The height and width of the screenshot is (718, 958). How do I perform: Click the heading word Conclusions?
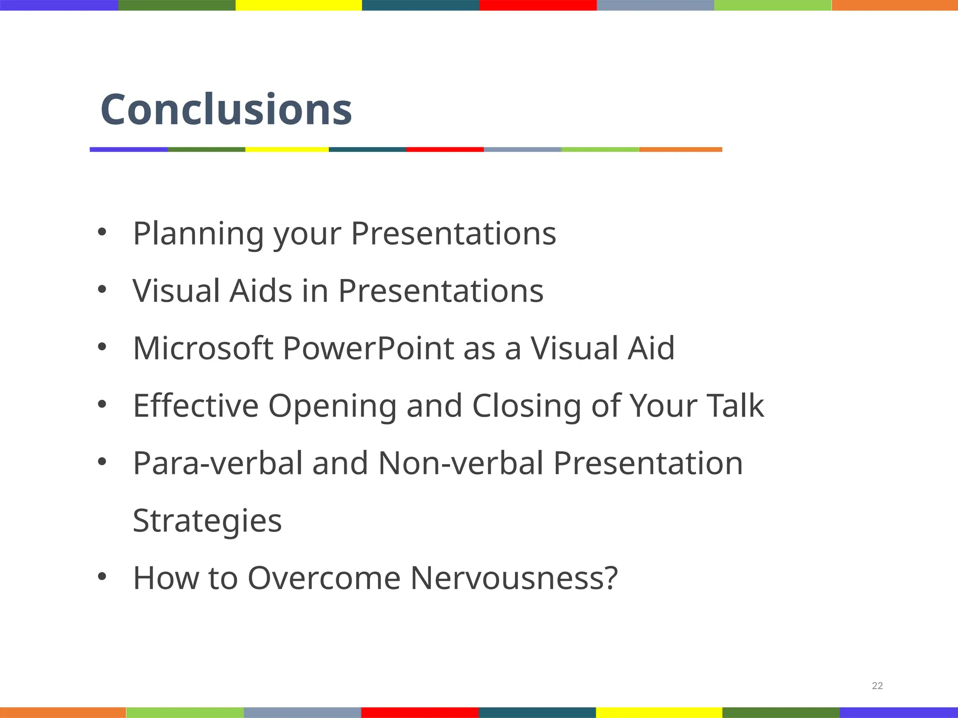click(x=226, y=109)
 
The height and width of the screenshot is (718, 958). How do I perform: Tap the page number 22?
click(x=877, y=686)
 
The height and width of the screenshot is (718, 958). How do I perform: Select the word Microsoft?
click(x=203, y=348)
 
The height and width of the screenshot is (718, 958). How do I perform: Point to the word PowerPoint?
click(x=368, y=348)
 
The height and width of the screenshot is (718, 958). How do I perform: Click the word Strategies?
click(x=207, y=521)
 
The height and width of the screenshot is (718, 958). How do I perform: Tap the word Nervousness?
click(x=514, y=578)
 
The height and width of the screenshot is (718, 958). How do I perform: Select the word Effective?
click(x=196, y=406)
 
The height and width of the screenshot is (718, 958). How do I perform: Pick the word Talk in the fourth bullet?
click(x=735, y=406)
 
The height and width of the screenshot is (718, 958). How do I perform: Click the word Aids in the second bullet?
click(x=261, y=291)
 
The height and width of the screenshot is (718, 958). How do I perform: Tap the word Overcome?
click(x=324, y=578)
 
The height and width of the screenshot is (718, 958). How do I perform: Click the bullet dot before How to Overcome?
click(x=102, y=577)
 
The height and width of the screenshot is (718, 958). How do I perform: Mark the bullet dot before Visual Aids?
click(x=102, y=289)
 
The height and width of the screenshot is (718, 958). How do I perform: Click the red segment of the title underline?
click(x=444, y=150)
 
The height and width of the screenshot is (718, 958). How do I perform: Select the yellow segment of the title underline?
click(x=287, y=150)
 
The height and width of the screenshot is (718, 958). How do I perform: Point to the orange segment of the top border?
click(x=894, y=5)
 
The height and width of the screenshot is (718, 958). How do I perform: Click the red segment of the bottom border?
click(x=420, y=712)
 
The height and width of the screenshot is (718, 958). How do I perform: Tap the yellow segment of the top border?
click(x=298, y=5)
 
